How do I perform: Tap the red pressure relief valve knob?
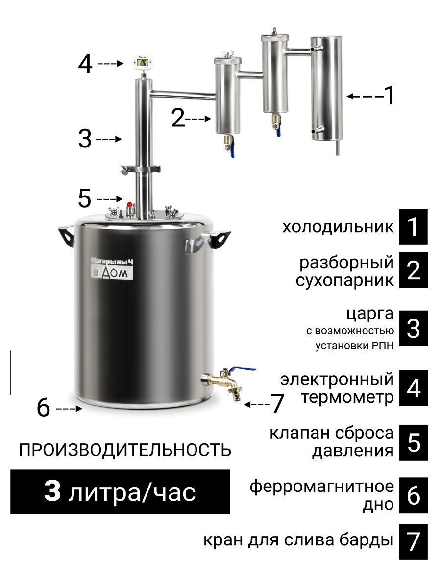coord(130,204)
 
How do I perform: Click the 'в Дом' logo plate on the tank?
coord(113,273)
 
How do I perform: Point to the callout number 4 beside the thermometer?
coord(85,64)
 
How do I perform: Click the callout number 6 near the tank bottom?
coord(44,408)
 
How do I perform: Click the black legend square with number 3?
coord(413,328)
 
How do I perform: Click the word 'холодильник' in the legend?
coord(338,227)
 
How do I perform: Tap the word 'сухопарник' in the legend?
coord(345,280)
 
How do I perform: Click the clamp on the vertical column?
coord(140,170)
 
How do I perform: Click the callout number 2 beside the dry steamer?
coord(178,118)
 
